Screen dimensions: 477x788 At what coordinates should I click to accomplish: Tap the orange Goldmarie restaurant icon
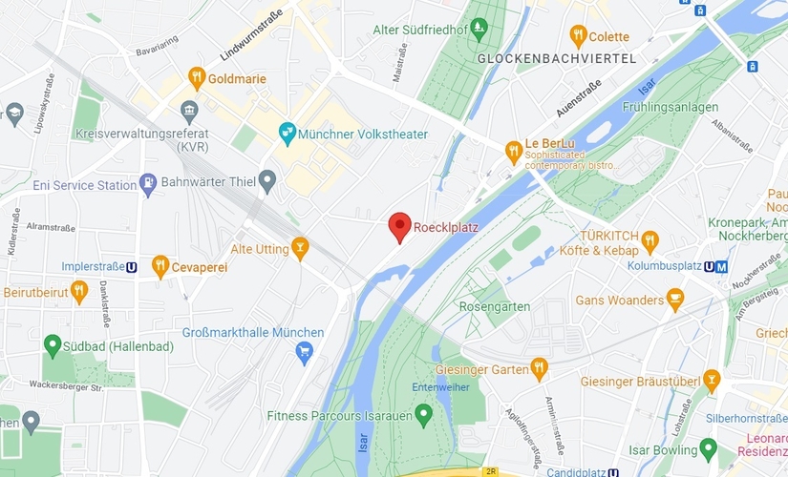[196, 78]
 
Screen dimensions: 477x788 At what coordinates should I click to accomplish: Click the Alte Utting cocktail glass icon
[300, 248]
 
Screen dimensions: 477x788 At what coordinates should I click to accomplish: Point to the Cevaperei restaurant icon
[160, 267]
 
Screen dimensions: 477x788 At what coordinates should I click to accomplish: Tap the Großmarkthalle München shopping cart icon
[305, 353]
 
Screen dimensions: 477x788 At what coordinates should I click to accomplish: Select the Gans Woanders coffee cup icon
[675, 301]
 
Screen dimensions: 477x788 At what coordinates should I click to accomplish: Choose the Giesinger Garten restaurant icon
[540, 366]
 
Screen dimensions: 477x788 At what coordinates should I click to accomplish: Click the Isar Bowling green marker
[708, 447]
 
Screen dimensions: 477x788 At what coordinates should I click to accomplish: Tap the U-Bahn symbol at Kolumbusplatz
[721, 266]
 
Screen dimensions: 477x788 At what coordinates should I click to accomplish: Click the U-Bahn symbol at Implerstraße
[141, 267]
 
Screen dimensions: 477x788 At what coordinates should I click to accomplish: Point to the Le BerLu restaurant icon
[514, 150]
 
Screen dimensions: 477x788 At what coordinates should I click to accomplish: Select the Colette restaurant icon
[577, 37]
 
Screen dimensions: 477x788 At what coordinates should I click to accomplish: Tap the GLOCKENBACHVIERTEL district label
[556, 58]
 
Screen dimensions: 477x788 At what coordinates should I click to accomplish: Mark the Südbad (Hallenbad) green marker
[51, 342]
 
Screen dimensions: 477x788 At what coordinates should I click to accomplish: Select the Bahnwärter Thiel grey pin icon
[267, 179]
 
